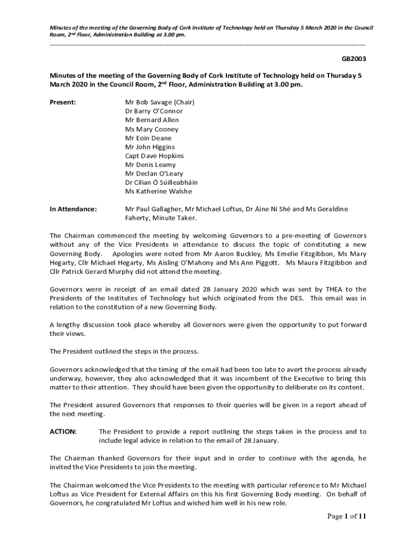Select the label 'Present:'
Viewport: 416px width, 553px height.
[x=63, y=102]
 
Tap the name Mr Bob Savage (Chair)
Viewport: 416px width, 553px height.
[x=159, y=102]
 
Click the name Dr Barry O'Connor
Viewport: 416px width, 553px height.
[x=154, y=111]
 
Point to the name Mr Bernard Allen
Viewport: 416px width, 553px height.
[x=152, y=120]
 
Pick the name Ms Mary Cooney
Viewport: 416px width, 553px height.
[x=151, y=129]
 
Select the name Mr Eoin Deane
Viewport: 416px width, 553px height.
[x=148, y=138]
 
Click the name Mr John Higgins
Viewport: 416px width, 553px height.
[x=150, y=147]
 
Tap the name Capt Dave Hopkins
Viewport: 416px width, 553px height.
[x=154, y=156]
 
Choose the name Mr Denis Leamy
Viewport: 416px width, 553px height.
[x=150, y=165]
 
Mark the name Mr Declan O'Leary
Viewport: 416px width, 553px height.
[x=154, y=173]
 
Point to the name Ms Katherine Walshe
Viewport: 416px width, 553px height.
[x=158, y=191]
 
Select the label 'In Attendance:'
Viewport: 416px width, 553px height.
[x=73, y=209]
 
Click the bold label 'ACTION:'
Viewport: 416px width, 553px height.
[x=63, y=431]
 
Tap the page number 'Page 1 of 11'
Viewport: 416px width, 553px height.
[x=347, y=517]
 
